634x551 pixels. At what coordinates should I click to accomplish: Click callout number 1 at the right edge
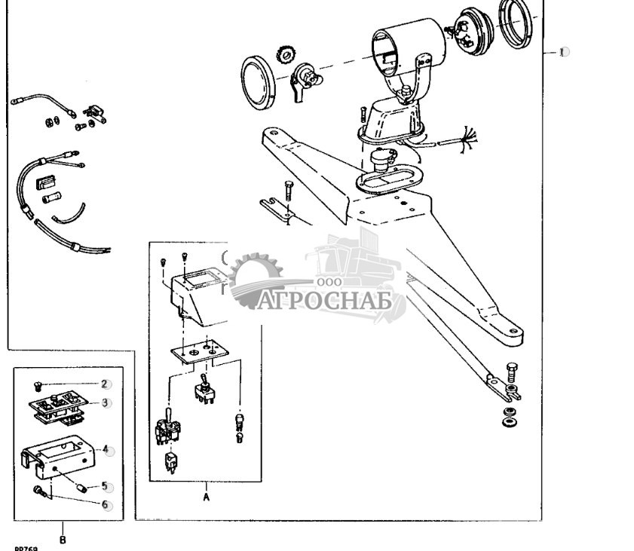click(x=562, y=52)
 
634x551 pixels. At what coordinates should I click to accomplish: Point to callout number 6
click(x=106, y=504)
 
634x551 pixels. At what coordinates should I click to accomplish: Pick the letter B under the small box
click(x=63, y=539)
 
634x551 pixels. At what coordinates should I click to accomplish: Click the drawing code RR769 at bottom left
click(x=26, y=549)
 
